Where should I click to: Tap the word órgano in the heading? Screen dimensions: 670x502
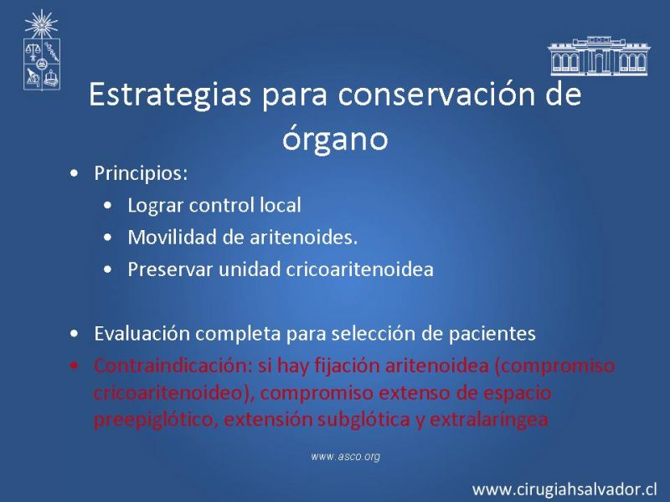[x=335, y=138]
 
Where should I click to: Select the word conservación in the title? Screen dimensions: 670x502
[x=435, y=94]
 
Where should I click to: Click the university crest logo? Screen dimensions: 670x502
[x=41, y=50]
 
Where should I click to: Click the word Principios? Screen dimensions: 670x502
[x=141, y=174]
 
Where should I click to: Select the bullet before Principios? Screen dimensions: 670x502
[x=75, y=174]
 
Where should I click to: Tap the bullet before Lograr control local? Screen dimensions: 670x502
[x=108, y=205]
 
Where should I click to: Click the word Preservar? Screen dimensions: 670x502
[x=170, y=269]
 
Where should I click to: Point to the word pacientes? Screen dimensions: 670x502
[x=492, y=334]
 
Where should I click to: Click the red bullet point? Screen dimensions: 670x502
[x=75, y=366]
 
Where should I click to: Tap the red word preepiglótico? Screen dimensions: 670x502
[x=153, y=420]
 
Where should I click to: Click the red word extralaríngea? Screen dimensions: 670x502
[x=488, y=420]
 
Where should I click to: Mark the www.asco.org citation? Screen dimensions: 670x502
[x=345, y=456]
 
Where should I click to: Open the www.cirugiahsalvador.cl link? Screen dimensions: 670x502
[x=564, y=489]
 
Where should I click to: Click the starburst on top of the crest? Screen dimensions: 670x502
[x=41, y=25]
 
